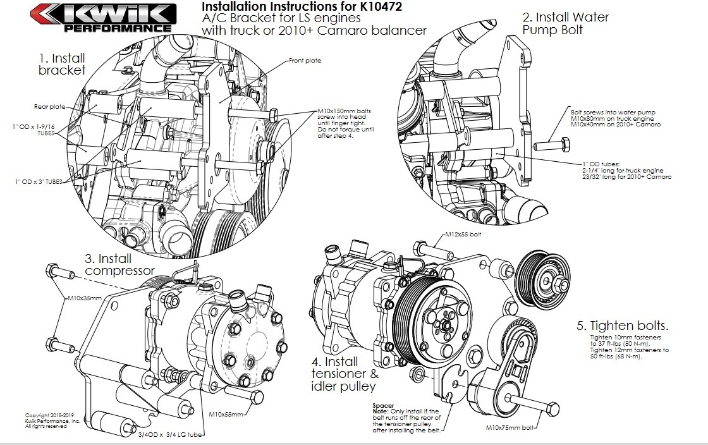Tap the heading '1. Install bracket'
pyautogui.click(x=62, y=64)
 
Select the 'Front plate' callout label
pyautogui.click(x=305, y=61)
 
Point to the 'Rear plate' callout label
pyautogui.click(x=49, y=107)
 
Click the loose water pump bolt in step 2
pyautogui.click(x=548, y=145)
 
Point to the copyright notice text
pyautogui.click(x=52, y=420)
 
